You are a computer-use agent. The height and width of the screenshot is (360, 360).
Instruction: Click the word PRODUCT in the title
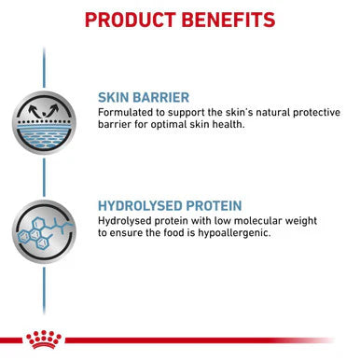coord(130,20)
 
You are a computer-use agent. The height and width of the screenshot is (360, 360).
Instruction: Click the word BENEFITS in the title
coord(228,20)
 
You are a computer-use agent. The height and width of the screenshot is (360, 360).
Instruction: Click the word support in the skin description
coord(190,111)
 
